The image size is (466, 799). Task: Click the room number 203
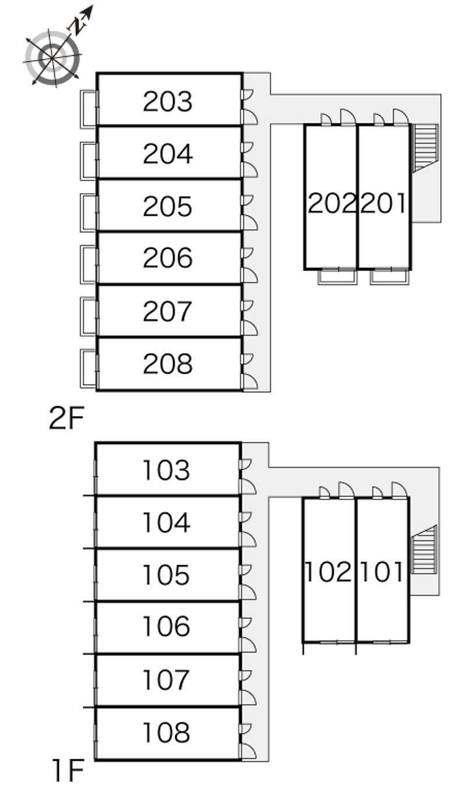(x=168, y=101)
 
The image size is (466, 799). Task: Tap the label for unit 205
(x=168, y=206)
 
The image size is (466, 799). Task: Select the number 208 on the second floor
(x=168, y=364)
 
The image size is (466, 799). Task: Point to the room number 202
(x=332, y=203)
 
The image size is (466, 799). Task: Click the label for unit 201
(x=383, y=203)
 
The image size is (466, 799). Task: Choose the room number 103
(x=166, y=470)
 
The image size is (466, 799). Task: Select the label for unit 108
(x=166, y=732)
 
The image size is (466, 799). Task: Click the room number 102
(x=328, y=572)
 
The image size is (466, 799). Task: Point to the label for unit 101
(x=382, y=572)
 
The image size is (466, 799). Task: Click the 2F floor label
(x=66, y=418)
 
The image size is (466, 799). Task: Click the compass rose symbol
(x=52, y=58)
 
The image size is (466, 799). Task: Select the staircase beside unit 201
(x=425, y=148)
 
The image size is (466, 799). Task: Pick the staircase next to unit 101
(x=423, y=550)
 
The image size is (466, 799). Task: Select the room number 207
(x=168, y=311)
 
